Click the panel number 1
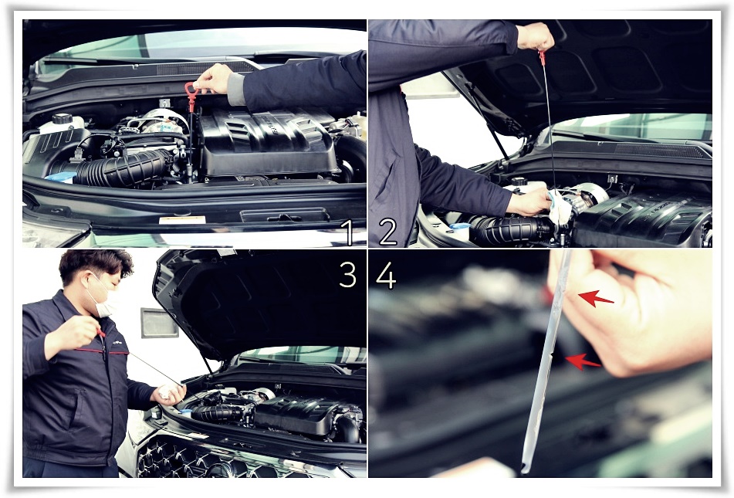(347, 233)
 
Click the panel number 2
(387, 232)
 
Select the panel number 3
(348, 274)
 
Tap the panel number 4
(386, 275)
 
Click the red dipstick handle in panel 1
(191, 96)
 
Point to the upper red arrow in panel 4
(595, 298)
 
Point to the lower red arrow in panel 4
(583, 361)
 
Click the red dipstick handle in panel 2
(543, 58)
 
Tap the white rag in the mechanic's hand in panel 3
(166, 391)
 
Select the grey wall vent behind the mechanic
(160, 323)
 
